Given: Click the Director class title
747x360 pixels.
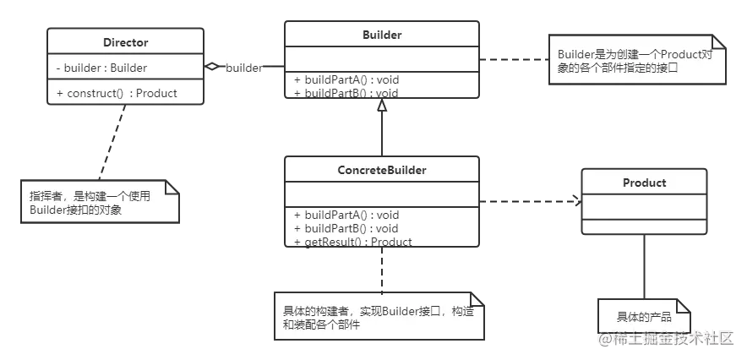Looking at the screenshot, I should pos(125,41).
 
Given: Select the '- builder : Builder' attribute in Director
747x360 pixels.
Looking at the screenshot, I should pos(101,68).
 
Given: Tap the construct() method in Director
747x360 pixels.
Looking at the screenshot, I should pos(117,93).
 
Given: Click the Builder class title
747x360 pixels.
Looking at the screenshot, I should pos(381,35).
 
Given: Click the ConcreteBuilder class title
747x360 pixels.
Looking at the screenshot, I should pos(381,170).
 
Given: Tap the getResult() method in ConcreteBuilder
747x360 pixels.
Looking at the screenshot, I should pos(353,242).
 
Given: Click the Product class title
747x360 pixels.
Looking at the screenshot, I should pos(644,183).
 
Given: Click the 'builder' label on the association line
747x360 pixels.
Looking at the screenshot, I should pos(243,68).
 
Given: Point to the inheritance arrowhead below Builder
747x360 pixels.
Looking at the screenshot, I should pos(382,106).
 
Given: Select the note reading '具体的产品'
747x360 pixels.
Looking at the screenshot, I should pos(644,317).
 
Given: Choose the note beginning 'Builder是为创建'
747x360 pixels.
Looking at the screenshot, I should pos(636,60).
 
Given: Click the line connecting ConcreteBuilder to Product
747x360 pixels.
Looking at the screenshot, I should pos(528,200).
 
